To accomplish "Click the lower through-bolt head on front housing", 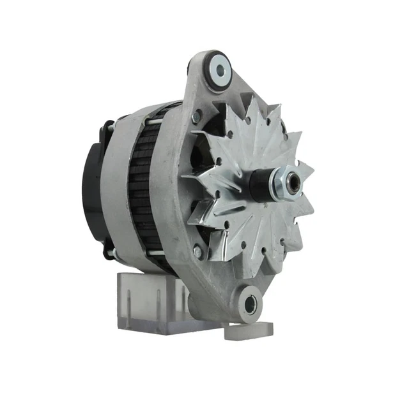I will pyautogui.click(x=197, y=253).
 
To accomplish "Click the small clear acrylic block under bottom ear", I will pyautogui.click(x=250, y=330).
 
